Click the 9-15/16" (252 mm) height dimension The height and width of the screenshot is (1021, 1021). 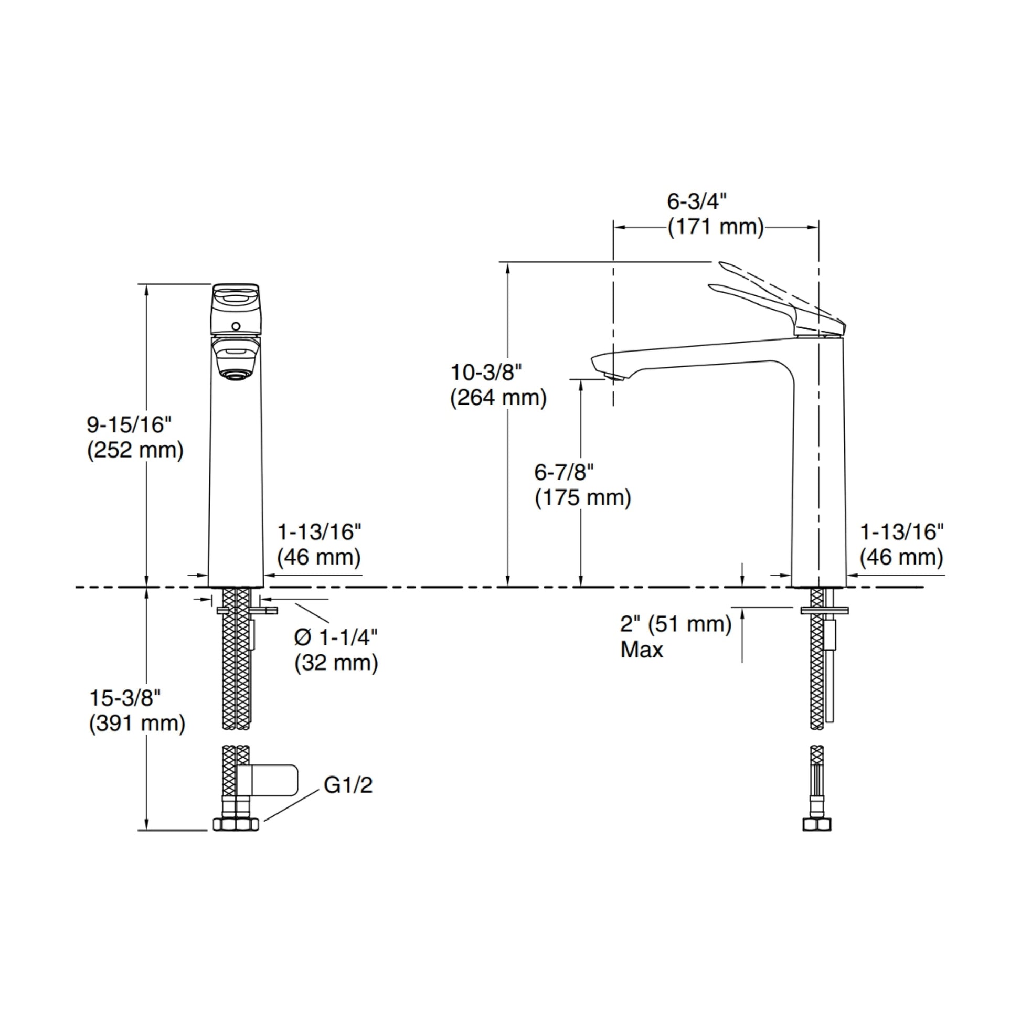tap(135, 439)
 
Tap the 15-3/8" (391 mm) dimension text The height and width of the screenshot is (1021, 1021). tap(137, 711)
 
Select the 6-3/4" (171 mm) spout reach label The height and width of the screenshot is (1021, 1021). tap(716, 215)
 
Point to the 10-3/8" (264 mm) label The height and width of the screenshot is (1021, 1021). tap(498, 385)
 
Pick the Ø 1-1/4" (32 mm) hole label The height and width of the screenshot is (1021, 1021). tap(336, 651)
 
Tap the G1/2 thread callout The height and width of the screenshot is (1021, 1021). tap(348, 785)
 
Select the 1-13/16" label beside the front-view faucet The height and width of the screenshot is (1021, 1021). tap(319, 545)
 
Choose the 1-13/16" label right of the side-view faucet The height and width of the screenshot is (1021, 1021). tap(901, 545)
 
